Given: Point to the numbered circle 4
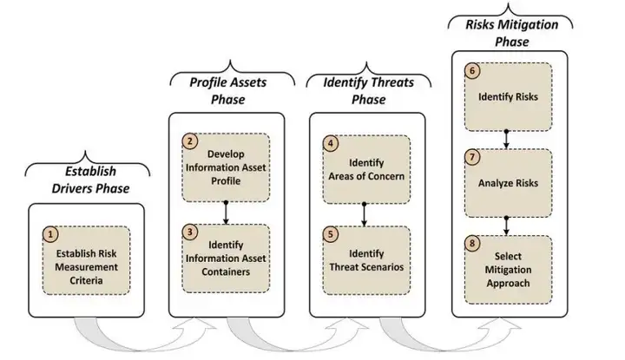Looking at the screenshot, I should (x=330, y=141).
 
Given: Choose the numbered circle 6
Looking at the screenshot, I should (x=472, y=70).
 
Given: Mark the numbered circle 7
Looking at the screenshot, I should (x=472, y=157).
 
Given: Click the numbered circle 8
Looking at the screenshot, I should (x=472, y=244).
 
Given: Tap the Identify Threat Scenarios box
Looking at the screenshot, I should (x=365, y=258).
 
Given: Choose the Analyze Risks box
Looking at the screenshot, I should (x=508, y=182).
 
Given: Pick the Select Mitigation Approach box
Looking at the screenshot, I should (x=508, y=270).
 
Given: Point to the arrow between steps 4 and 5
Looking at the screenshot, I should (x=365, y=211).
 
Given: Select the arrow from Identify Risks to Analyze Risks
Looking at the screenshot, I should (x=507, y=139).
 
